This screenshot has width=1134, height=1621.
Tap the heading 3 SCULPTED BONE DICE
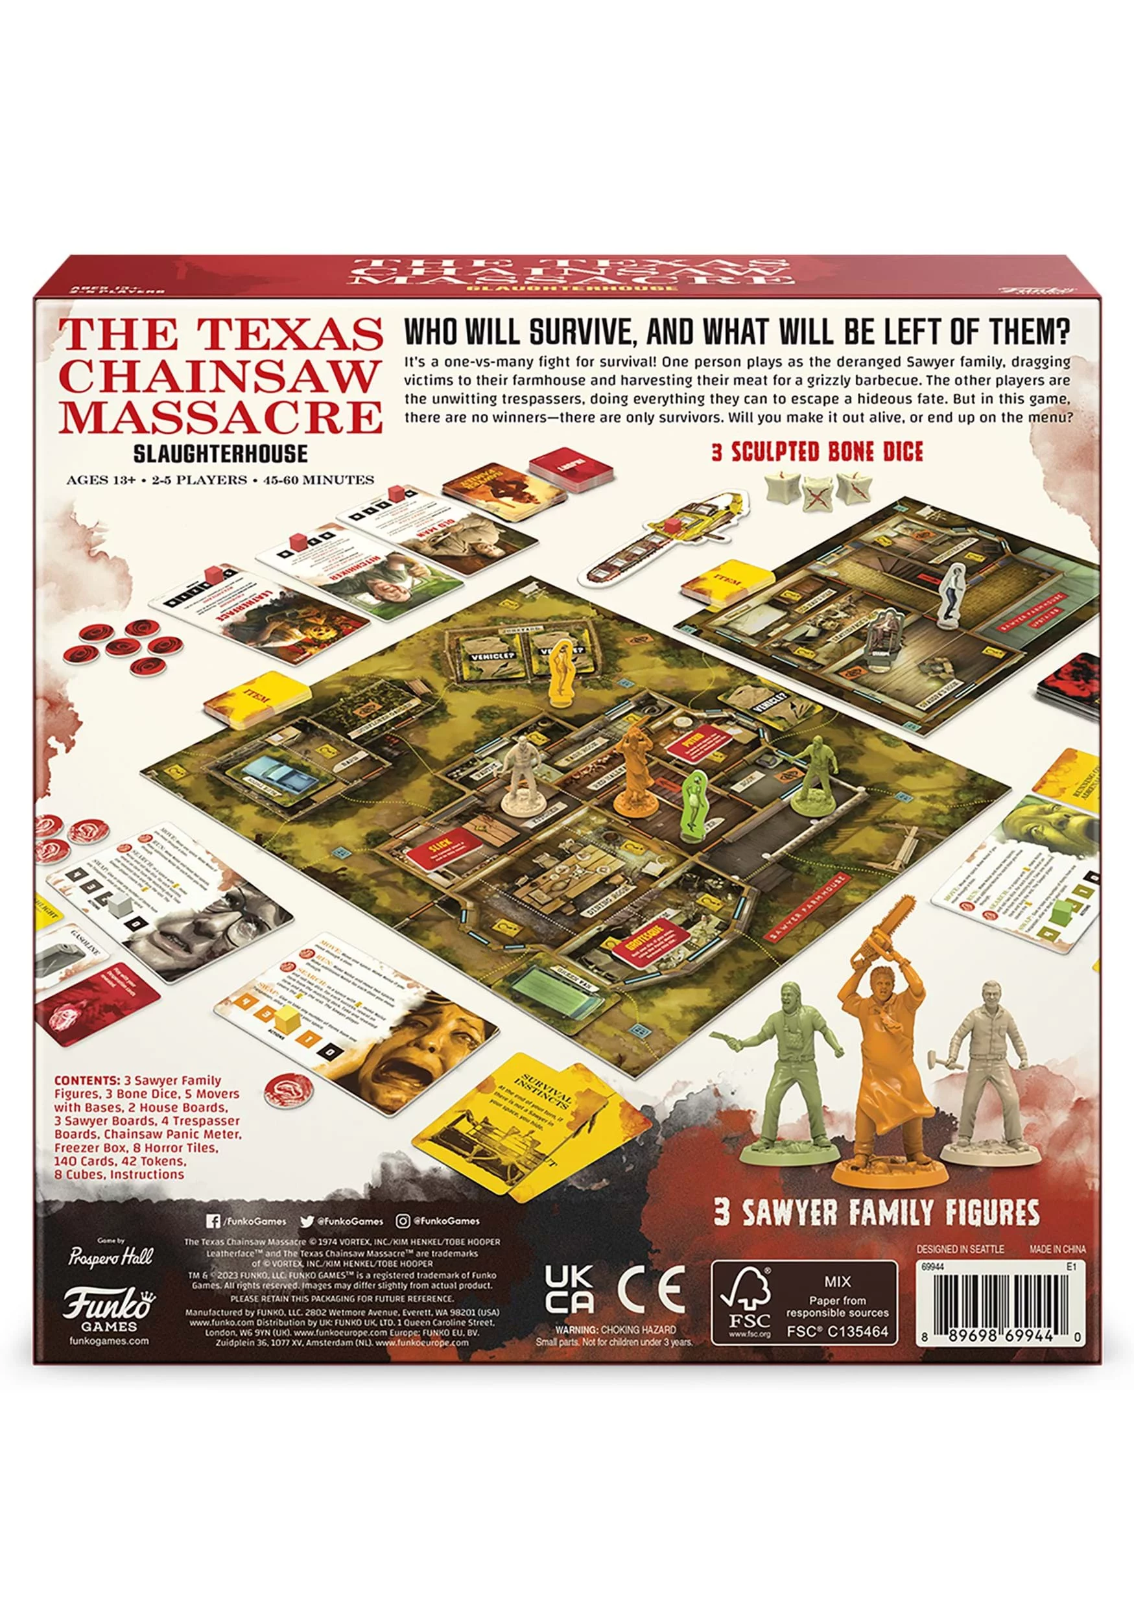pos(816,452)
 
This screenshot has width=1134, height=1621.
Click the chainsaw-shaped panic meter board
pos(661,541)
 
